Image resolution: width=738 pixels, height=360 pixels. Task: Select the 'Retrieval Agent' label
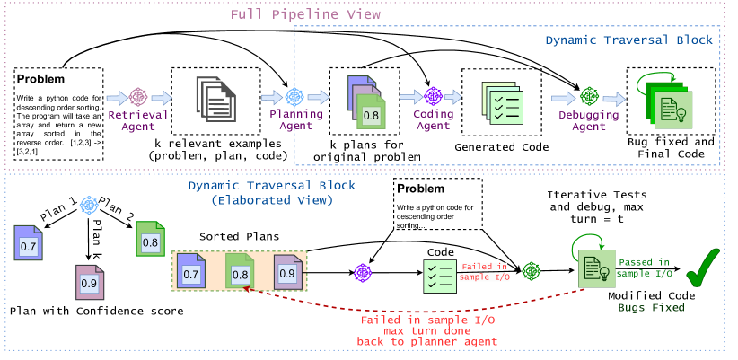point(137,121)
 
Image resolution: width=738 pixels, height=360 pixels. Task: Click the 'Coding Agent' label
point(433,121)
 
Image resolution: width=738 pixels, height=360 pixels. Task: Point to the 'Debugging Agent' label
point(589,121)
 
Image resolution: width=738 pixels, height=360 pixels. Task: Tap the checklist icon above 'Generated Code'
point(496,102)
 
